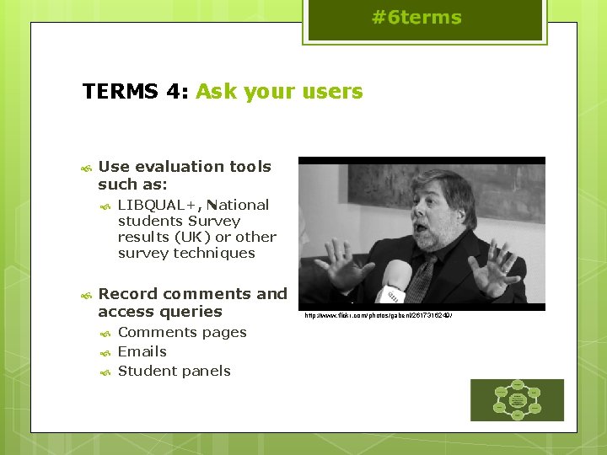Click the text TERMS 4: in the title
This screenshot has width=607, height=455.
pyautogui.click(x=136, y=91)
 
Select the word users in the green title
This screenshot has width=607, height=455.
pyautogui.click(x=335, y=91)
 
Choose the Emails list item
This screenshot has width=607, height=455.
pyautogui.click(x=142, y=351)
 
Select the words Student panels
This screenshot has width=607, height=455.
pyautogui.click(x=174, y=371)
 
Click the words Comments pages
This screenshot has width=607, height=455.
pyautogui.click(x=182, y=332)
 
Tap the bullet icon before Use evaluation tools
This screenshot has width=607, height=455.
pyautogui.click(x=85, y=168)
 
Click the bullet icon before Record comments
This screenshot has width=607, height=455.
pyautogui.click(x=85, y=295)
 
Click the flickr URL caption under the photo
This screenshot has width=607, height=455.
pyautogui.click(x=379, y=316)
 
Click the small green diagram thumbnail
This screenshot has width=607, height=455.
pyautogui.click(x=517, y=400)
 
